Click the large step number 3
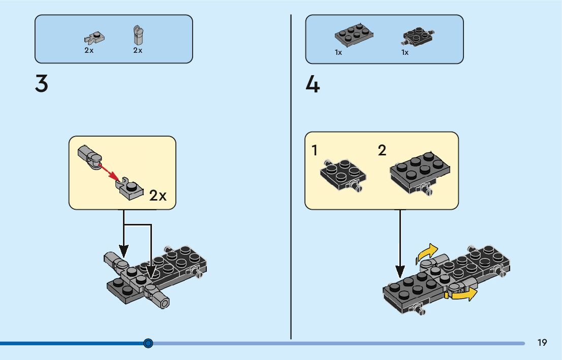click(x=42, y=84)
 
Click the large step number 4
click(x=313, y=84)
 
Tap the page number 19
click(x=542, y=343)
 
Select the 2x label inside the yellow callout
click(x=158, y=195)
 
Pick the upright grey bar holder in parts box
click(x=137, y=35)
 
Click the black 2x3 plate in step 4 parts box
click(x=355, y=35)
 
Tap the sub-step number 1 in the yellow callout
click(x=315, y=151)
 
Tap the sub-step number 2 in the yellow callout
click(x=382, y=150)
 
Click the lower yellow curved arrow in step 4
click(x=463, y=294)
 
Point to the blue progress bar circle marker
click(x=148, y=343)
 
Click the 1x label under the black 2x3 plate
click(x=338, y=52)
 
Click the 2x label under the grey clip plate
click(x=89, y=50)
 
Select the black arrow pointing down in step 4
click(x=400, y=244)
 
